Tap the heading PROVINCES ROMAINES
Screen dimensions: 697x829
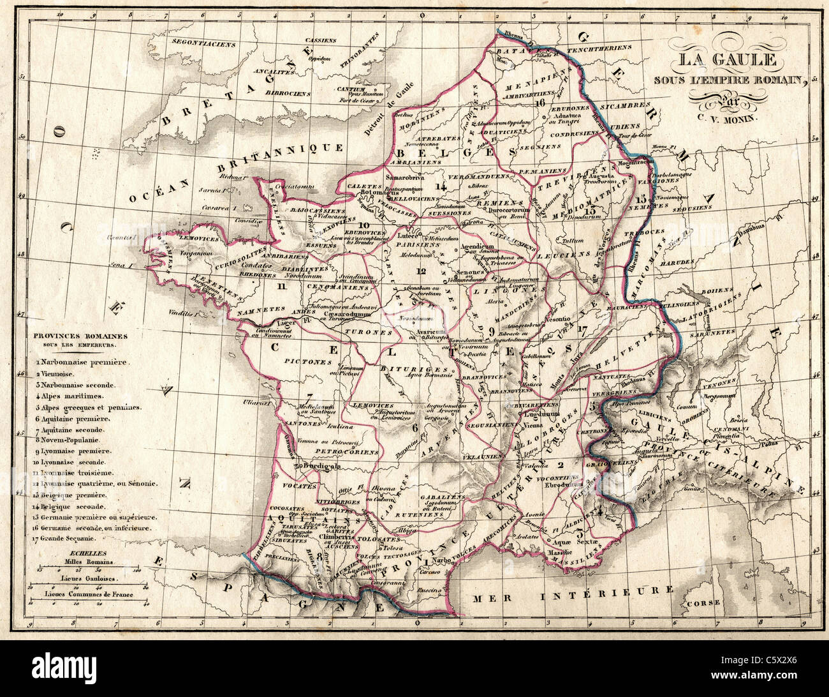pos(80,336)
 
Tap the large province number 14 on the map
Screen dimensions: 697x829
pos(441,186)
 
